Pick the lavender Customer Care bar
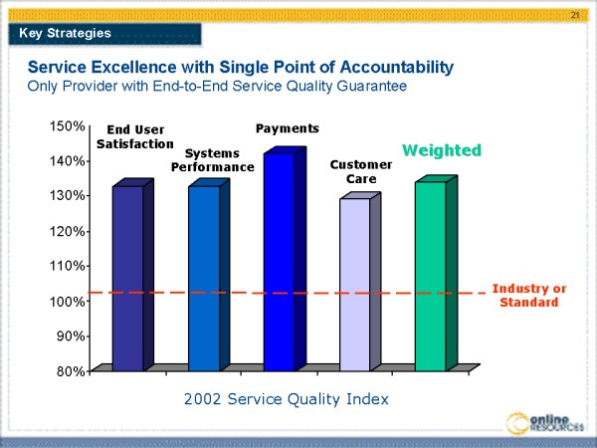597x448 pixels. [354, 284]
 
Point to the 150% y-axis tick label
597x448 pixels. [67, 126]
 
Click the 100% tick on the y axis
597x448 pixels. [67, 302]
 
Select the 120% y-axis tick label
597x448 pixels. [67, 232]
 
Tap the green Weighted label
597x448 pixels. [441, 149]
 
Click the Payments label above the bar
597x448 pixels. [288, 128]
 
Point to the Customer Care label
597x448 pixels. [354, 171]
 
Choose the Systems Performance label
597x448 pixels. [212, 159]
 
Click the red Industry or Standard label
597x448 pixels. [529, 295]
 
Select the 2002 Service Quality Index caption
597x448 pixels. [286, 398]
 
